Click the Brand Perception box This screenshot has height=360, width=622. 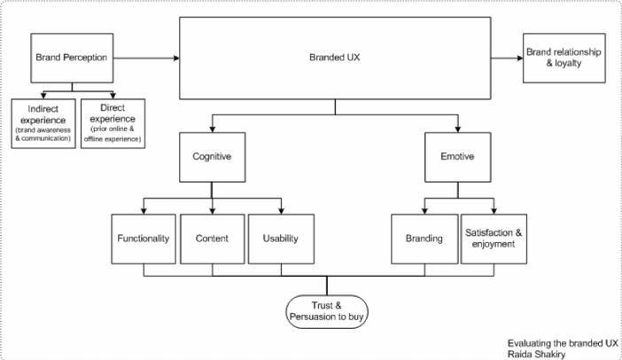(x=72, y=59)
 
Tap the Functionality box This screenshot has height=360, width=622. (x=143, y=239)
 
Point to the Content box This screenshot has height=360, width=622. (x=212, y=239)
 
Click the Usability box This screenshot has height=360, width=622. (x=280, y=239)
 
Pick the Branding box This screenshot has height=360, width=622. (x=424, y=239)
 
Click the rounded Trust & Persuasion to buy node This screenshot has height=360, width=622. (x=327, y=309)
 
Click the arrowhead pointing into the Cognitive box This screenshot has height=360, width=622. (x=212, y=128)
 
